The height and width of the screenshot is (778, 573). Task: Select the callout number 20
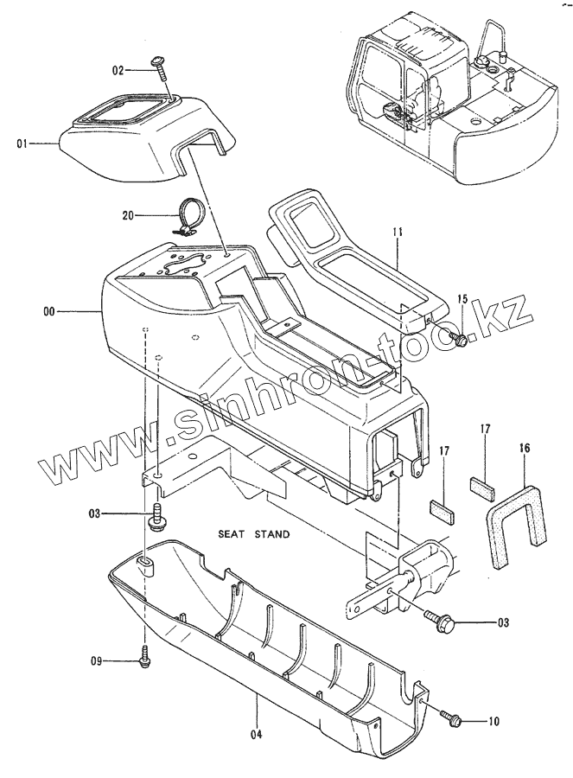point(130,215)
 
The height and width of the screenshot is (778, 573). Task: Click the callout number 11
point(397,233)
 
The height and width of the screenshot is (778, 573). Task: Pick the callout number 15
point(462,299)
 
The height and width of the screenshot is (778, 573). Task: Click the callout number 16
point(525,449)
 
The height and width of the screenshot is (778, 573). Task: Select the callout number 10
point(493,720)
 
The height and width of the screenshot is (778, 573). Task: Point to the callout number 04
point(257,711)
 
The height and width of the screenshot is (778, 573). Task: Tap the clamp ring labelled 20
point(189,216)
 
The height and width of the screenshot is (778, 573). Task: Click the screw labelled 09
point(144,660)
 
